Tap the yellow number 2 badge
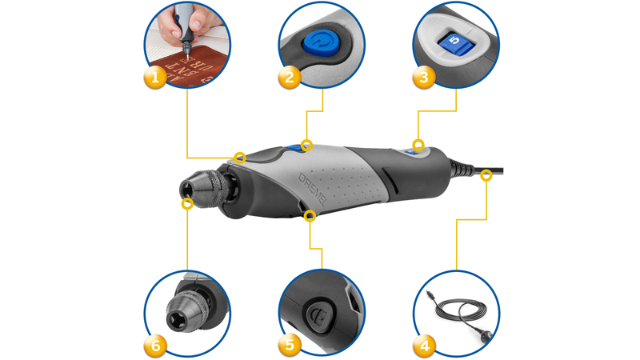(289, 78)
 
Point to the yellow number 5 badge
(289, 346)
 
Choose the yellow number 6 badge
(155, 346)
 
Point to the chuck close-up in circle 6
(192, 308)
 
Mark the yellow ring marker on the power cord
(485, 178)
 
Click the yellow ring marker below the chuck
(187, 204)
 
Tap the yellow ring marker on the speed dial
(417, 144)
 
